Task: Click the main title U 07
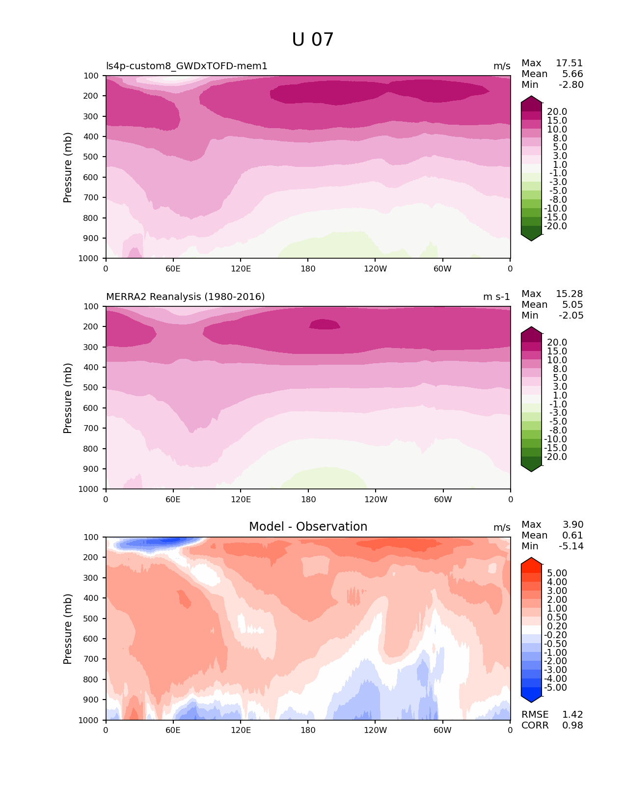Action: point(313,40)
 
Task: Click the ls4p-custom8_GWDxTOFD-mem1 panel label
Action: point(187,66)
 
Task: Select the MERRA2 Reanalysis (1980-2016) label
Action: point(185,297)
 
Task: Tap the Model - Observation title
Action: point(308,527)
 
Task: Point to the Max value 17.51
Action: point(569,63)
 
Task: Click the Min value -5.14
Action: point(571,546)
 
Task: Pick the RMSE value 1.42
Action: point(572,715)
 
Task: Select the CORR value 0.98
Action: point(572,726)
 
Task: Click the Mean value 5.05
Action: point(572,305)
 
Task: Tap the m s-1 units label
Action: point(496,297)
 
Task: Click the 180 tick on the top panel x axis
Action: point(308,269)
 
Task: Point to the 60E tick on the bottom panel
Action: point(173,730)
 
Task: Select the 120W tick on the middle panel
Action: point(376,500)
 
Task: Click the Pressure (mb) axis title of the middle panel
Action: point(68,398)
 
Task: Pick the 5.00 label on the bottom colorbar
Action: point(557,573)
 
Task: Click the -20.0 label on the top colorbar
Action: point(555,226)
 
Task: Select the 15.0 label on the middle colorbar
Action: point(557,351)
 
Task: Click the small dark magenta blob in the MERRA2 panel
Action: point(325,324)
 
